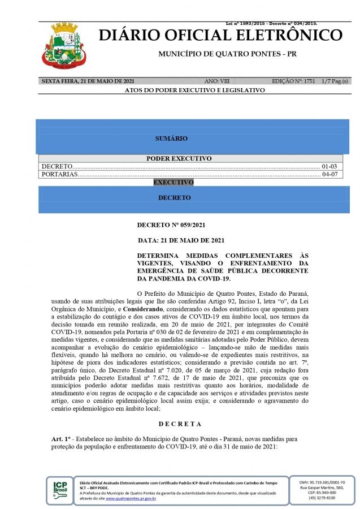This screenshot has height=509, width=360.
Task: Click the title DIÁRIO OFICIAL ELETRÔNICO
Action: click(220, 35)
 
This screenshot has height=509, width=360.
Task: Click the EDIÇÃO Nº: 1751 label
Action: click(293, 81)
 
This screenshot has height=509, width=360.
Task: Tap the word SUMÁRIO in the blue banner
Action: click(171, 139)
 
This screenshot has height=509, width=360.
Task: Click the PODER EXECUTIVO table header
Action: click(179, 158)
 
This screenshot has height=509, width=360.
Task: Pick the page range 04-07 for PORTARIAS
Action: click(329, 174)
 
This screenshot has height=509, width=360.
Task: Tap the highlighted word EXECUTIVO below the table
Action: click(174, 183)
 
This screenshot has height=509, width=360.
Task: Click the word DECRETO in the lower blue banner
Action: click(174, 198)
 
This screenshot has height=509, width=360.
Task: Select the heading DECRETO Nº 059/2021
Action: click(167, 225)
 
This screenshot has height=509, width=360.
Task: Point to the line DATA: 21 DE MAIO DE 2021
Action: click(181, 240)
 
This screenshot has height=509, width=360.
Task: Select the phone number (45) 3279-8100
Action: click(322, 498)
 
